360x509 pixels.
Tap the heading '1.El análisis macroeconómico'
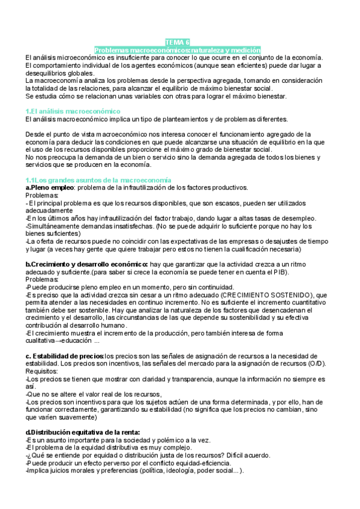(x=73, y=111)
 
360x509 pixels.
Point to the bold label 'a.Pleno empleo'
(x=49, y=188)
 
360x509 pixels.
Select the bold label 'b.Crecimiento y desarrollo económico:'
(x=87, y=264)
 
